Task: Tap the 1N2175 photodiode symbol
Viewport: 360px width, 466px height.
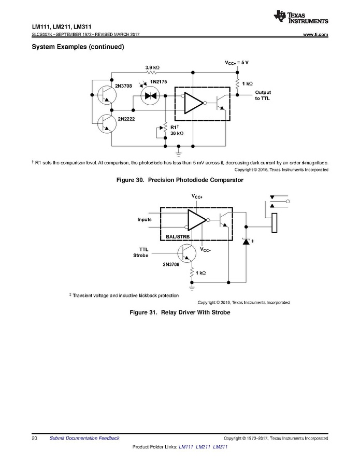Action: [x=151, y=96]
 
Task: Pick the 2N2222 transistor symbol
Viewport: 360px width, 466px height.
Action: [x=106, y=123]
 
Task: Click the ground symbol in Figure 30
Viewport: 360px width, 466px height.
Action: [x=179, y=151]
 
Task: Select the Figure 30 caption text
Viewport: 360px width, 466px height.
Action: [x=180, y=180]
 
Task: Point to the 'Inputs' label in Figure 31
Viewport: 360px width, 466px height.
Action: [x=145, y=219]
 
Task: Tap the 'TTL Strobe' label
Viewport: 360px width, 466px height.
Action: [x=141, y=252]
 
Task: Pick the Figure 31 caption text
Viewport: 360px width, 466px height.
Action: [x=180, y=313]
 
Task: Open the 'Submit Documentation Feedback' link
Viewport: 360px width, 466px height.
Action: [x=84, y=438]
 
